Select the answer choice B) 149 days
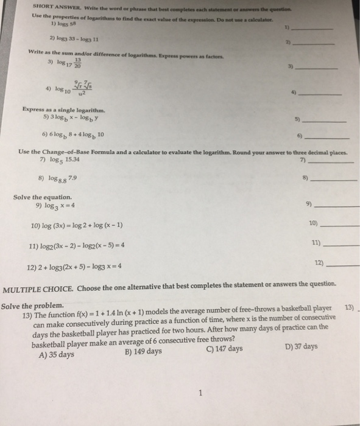[143, 352]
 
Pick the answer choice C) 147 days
[225, 349]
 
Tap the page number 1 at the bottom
[200, 393]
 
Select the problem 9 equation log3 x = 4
[57, 207]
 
